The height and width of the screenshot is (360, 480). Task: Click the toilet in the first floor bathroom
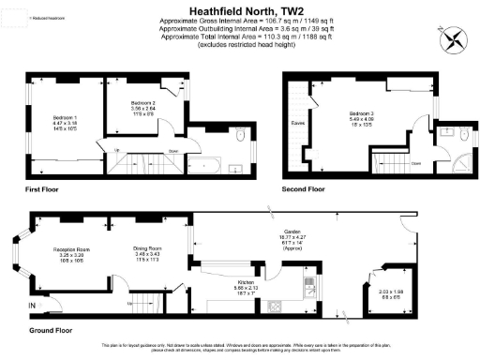(241, 138)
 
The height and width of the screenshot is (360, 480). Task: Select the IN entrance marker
(32, 307)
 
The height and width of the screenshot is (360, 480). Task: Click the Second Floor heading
(304, 188)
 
